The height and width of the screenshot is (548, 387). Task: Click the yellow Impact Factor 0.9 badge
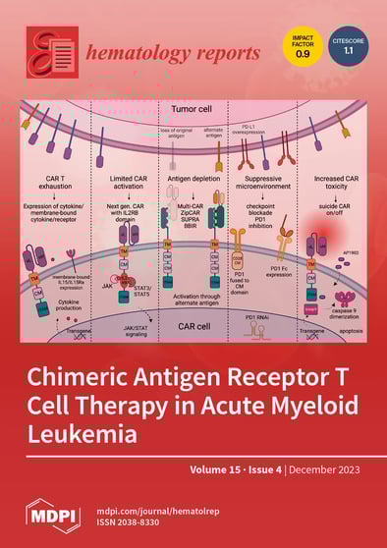coord(302,48)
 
